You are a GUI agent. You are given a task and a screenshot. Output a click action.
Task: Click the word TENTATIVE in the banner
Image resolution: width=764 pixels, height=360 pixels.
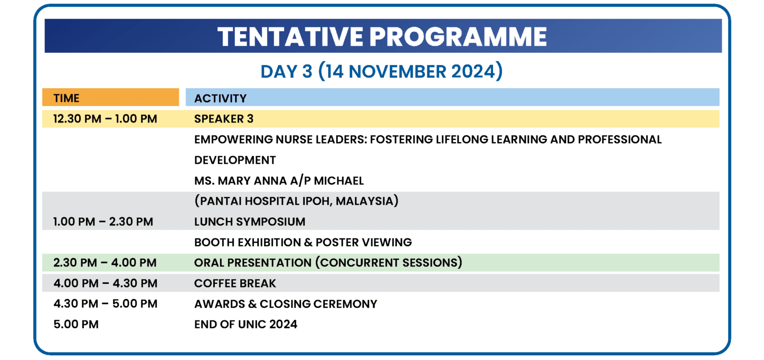pos(290,36)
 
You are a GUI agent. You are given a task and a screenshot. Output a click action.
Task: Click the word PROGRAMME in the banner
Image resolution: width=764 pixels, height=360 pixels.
pos(458,36)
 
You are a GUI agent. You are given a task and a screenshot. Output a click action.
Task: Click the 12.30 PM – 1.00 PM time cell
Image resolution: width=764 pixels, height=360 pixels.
pos(105,119)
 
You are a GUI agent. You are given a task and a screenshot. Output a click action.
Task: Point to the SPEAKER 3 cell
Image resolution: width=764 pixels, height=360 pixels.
pos(224,119)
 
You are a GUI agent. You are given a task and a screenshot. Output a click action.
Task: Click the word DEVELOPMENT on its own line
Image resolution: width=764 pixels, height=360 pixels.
pos(235,160)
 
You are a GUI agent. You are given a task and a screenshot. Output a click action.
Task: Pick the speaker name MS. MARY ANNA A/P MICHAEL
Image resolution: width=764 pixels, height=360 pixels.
pos(279,181)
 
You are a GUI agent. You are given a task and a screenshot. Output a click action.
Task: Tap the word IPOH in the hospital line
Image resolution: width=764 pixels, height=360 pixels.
pos(316,201)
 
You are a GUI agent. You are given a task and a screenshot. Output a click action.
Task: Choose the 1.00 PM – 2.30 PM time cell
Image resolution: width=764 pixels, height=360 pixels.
pos(103,222)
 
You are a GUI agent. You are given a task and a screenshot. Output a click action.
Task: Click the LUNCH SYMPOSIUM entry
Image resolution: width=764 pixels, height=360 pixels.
pos(250,222)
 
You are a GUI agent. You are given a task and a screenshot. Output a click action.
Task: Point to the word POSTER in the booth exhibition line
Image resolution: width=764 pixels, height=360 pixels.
pos(337,242)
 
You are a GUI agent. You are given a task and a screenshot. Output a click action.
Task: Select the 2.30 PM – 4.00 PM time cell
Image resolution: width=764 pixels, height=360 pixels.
pos(105,263)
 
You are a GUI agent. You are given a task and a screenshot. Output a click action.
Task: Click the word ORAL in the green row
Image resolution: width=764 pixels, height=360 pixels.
pos(209,263)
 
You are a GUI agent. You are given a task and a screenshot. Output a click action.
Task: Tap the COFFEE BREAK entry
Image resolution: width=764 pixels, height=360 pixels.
pos(235,283)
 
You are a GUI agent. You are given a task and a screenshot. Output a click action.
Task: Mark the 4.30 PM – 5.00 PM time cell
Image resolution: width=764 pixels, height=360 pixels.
pos(106,304)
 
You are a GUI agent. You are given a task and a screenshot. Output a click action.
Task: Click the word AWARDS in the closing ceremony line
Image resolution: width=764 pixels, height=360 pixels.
pos(220,304)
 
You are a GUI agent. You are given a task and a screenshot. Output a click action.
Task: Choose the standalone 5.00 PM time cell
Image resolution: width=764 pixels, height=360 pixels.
pos(76,324)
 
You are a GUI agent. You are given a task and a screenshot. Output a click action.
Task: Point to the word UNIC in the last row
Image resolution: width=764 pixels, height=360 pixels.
pos(252,324)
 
